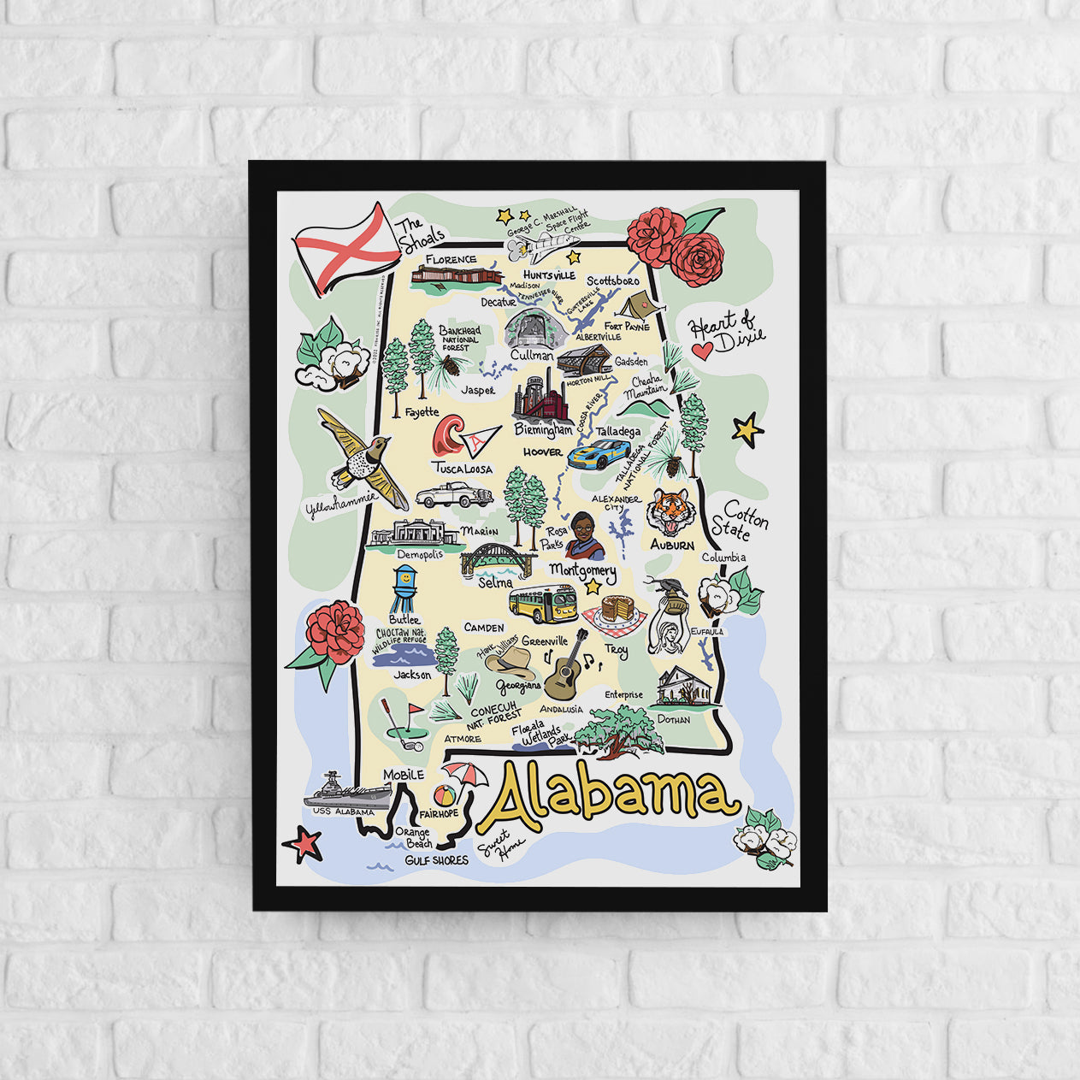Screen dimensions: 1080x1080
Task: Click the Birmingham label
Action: point(543,428)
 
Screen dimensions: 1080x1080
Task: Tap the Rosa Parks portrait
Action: point(586,535)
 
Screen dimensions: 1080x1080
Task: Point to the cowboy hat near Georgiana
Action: point(511,661)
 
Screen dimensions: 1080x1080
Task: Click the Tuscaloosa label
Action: point(462,469)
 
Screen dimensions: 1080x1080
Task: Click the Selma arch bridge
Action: point(496,558)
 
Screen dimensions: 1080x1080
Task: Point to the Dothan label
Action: point(673,719)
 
